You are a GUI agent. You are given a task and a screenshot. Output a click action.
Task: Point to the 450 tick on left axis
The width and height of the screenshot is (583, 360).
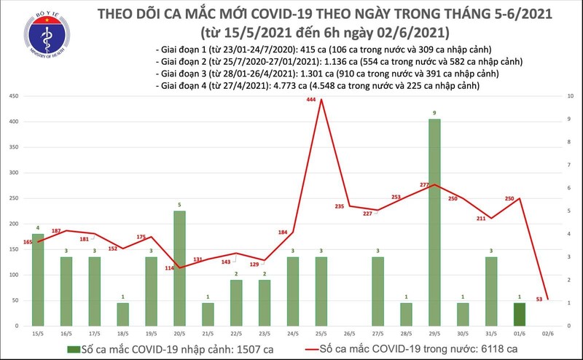[x=12, y=96]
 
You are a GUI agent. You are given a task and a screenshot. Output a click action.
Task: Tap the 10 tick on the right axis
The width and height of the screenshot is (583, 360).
[x=558, y=96]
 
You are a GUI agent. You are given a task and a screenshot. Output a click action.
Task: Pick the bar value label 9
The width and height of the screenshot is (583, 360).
[x=434, y=113]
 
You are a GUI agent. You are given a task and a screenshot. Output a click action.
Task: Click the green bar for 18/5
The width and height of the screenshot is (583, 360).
[x=122, y=313]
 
